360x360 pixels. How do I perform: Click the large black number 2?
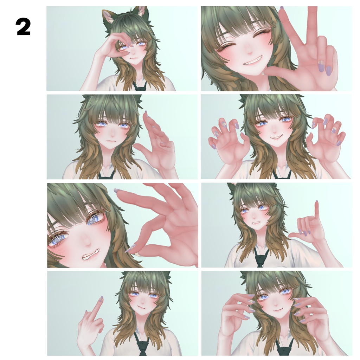pyautogui.click(x=24, y=27)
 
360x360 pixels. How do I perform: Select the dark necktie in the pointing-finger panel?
pyautogui.click(x=261, y=257)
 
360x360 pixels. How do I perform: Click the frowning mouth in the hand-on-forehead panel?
pyautogui.click(x=133, y=59)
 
